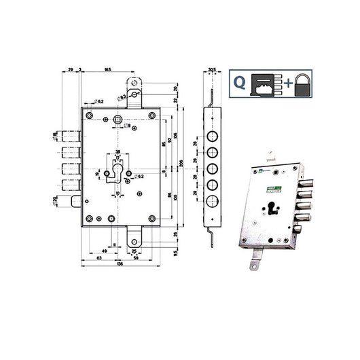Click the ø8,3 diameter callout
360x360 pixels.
tap(122, 99)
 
